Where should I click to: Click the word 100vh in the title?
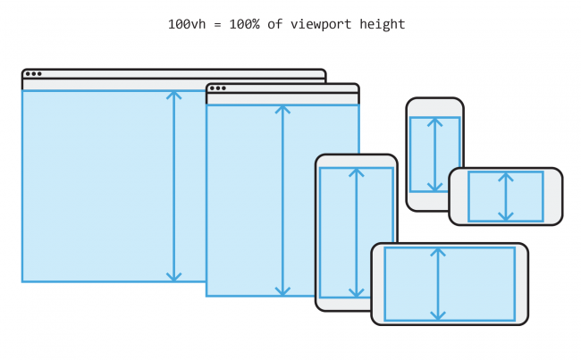click(185, 24)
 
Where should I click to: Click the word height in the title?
click(383, 24)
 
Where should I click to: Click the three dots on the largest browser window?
click(33, 74)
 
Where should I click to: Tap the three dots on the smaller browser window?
click(217, 88)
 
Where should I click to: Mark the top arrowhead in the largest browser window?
click(174, 94)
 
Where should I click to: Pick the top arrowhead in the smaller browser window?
click(283, 109)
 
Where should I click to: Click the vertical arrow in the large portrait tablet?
click(357, 233)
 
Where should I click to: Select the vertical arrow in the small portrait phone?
click(434, 154)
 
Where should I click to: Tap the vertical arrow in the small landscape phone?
click(506, 197)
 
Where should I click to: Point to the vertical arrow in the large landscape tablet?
click(437, 284)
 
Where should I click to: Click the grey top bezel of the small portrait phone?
click(434, 107)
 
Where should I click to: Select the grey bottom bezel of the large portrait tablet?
click(357, 304)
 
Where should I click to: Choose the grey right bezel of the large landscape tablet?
click(521, 284)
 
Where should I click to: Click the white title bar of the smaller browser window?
click(295, 88)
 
